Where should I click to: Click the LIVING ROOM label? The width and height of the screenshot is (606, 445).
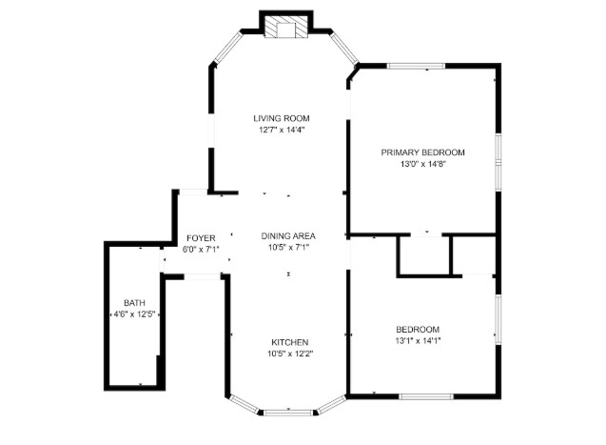tap(282, 118)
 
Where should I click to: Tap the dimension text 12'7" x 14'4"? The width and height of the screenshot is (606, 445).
tap(282, 130)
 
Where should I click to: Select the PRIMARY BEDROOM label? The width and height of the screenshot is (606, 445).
tap(422, 152)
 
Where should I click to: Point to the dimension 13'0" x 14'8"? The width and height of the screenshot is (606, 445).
tap(423, 164)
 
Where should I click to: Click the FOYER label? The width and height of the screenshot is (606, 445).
tap(201, 238)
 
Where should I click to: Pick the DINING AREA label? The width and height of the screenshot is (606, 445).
tap(288, 236)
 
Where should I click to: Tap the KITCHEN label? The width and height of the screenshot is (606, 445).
tap(290, 342)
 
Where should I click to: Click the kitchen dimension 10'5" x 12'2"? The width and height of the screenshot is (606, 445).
tap(290, 354)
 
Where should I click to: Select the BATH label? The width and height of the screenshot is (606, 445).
tap(134, 303)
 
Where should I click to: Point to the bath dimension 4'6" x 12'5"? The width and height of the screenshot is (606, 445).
tap(134, 314)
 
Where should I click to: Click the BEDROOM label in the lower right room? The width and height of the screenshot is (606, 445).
tap(418, 330)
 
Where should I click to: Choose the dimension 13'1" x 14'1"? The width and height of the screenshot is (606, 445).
tap(418, 341)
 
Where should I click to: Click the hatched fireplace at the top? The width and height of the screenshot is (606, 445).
tap(286, 27)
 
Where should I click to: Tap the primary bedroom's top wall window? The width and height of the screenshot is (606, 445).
tap(417, 66)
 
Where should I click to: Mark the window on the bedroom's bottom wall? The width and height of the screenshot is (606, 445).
tap(426, 396)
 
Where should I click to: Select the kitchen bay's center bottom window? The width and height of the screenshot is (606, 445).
tap(288, 413)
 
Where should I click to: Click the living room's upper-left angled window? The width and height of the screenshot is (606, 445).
tap(228, 48)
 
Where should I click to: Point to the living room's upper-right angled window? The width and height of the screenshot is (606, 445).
tap(344, 48)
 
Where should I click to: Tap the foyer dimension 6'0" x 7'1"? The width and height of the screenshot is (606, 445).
tap(201, 250)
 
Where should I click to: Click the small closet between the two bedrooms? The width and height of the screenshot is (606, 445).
tap(425, 255)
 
